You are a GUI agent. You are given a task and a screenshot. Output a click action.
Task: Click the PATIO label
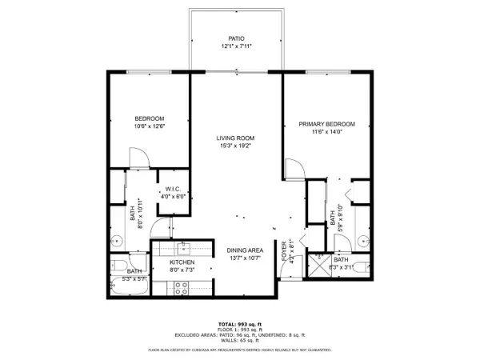click(x=235, y=38)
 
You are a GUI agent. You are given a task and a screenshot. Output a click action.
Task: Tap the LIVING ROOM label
click(x=235, y=138)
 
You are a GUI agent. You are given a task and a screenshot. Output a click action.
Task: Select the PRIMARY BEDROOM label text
click(x=326, y=124)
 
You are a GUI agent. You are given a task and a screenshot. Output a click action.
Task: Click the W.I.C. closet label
click(x=174, y=189)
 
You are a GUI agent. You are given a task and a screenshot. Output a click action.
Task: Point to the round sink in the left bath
click(x=115, y=238)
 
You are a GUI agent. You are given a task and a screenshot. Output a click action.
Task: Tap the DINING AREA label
click(x=246, y=249)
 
